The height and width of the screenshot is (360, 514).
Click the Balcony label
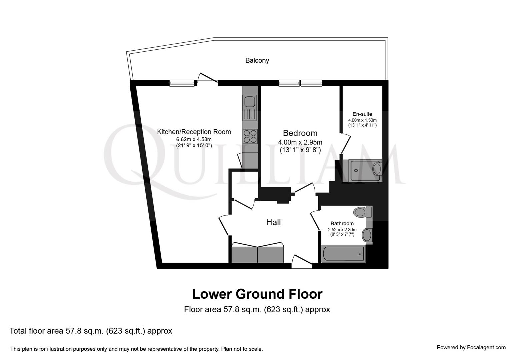(257, 60)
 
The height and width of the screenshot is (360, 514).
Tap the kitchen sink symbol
(249, 101)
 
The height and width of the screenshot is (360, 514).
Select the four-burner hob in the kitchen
(250, 136)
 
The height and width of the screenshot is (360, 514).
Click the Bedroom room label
(300, 133)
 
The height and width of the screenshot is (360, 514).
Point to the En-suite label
(362, 114)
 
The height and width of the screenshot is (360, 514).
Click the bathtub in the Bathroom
(343, 254)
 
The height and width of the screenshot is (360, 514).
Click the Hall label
(273, 222)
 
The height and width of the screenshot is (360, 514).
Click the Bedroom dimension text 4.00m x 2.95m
(300, 142)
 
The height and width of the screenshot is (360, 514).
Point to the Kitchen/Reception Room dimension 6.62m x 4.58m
(194, 139)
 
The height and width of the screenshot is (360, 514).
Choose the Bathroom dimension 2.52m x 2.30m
(342, 230)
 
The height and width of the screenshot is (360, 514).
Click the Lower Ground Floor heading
(257, 294)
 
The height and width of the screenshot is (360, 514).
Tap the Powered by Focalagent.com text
(471, 347)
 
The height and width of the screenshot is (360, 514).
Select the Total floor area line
(91, 331)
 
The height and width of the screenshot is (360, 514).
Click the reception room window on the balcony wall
(182, 83)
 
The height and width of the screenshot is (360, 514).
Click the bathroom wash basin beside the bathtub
(367, 235)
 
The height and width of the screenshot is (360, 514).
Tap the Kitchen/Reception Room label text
(194, 132)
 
